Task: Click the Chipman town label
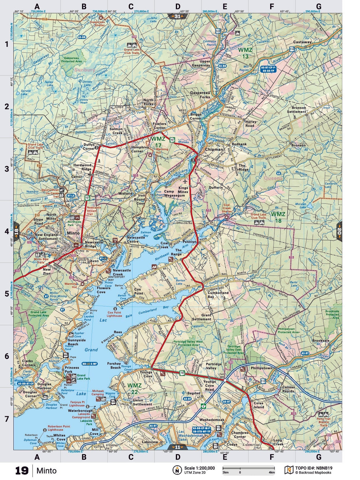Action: (x=214, y=150)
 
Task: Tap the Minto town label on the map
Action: (x=73, y=233)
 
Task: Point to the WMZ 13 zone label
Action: (x=245, y=53)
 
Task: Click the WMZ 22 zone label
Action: (x=134, y=388)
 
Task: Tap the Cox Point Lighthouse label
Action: (x=114, y=314)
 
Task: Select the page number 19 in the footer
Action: (x=22, y=471)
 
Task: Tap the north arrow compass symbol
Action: (x=177, y=470)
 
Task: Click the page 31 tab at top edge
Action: (x=177, y=16)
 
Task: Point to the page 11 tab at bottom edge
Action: (x=177, y=447)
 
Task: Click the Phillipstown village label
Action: (x=261, y=368)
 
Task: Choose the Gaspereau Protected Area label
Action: (x=71, y=60)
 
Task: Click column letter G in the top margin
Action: (x=318, y=7)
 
